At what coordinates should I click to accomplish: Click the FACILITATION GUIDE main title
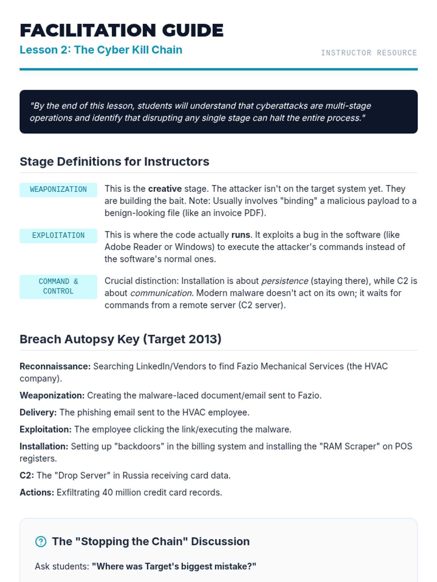point(121,30)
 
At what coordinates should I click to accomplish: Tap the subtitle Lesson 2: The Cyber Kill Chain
point(101,50)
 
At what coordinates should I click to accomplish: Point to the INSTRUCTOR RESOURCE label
point(369,53)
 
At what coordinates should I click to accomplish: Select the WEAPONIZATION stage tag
point(58,190)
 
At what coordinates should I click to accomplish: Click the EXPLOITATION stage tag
point(58,236)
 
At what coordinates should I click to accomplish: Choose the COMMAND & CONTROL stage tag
point(58,287)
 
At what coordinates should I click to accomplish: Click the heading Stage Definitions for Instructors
point(114,162)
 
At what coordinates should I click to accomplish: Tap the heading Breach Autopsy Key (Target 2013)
point(121,339)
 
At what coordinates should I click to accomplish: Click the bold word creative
point(165,189)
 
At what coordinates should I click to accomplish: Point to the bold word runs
point(240,235)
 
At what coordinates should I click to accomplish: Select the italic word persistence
point(285,281)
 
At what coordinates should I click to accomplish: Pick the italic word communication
point(161,293)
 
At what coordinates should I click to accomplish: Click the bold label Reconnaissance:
point(55,366)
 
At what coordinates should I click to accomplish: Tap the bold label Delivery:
point(38,412)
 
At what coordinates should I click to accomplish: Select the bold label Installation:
point(44,446)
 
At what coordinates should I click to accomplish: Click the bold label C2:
point(27,475)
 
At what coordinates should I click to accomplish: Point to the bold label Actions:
point(37,493)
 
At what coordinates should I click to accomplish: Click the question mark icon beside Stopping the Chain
point(41,542)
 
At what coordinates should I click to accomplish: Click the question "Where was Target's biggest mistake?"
point(174,566)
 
